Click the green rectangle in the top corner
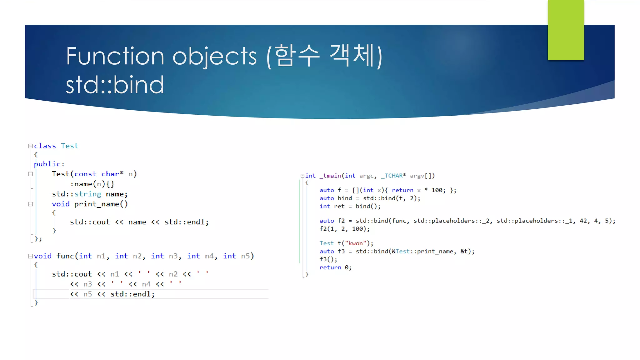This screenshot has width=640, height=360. point(566,30)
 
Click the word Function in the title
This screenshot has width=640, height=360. point(114,56)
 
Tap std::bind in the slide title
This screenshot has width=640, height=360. point(115,85)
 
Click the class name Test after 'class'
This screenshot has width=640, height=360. point(69,146)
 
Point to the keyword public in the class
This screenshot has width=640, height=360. point(47,164)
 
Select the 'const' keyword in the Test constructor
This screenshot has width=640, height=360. point(85,174)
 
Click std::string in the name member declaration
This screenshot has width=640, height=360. point(77,194)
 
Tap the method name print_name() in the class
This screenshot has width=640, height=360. point(101,204)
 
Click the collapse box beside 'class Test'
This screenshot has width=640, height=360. point(30,146)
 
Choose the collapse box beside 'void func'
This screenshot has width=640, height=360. point(30,256)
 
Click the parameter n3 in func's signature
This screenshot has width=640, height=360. point(173,256)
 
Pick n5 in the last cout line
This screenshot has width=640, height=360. point(87,294)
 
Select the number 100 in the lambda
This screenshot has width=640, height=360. point(437,190)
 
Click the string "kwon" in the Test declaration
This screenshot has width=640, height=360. point(355,243)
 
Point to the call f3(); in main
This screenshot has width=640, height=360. point(328,259)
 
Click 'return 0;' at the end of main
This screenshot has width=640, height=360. point(335,267)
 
